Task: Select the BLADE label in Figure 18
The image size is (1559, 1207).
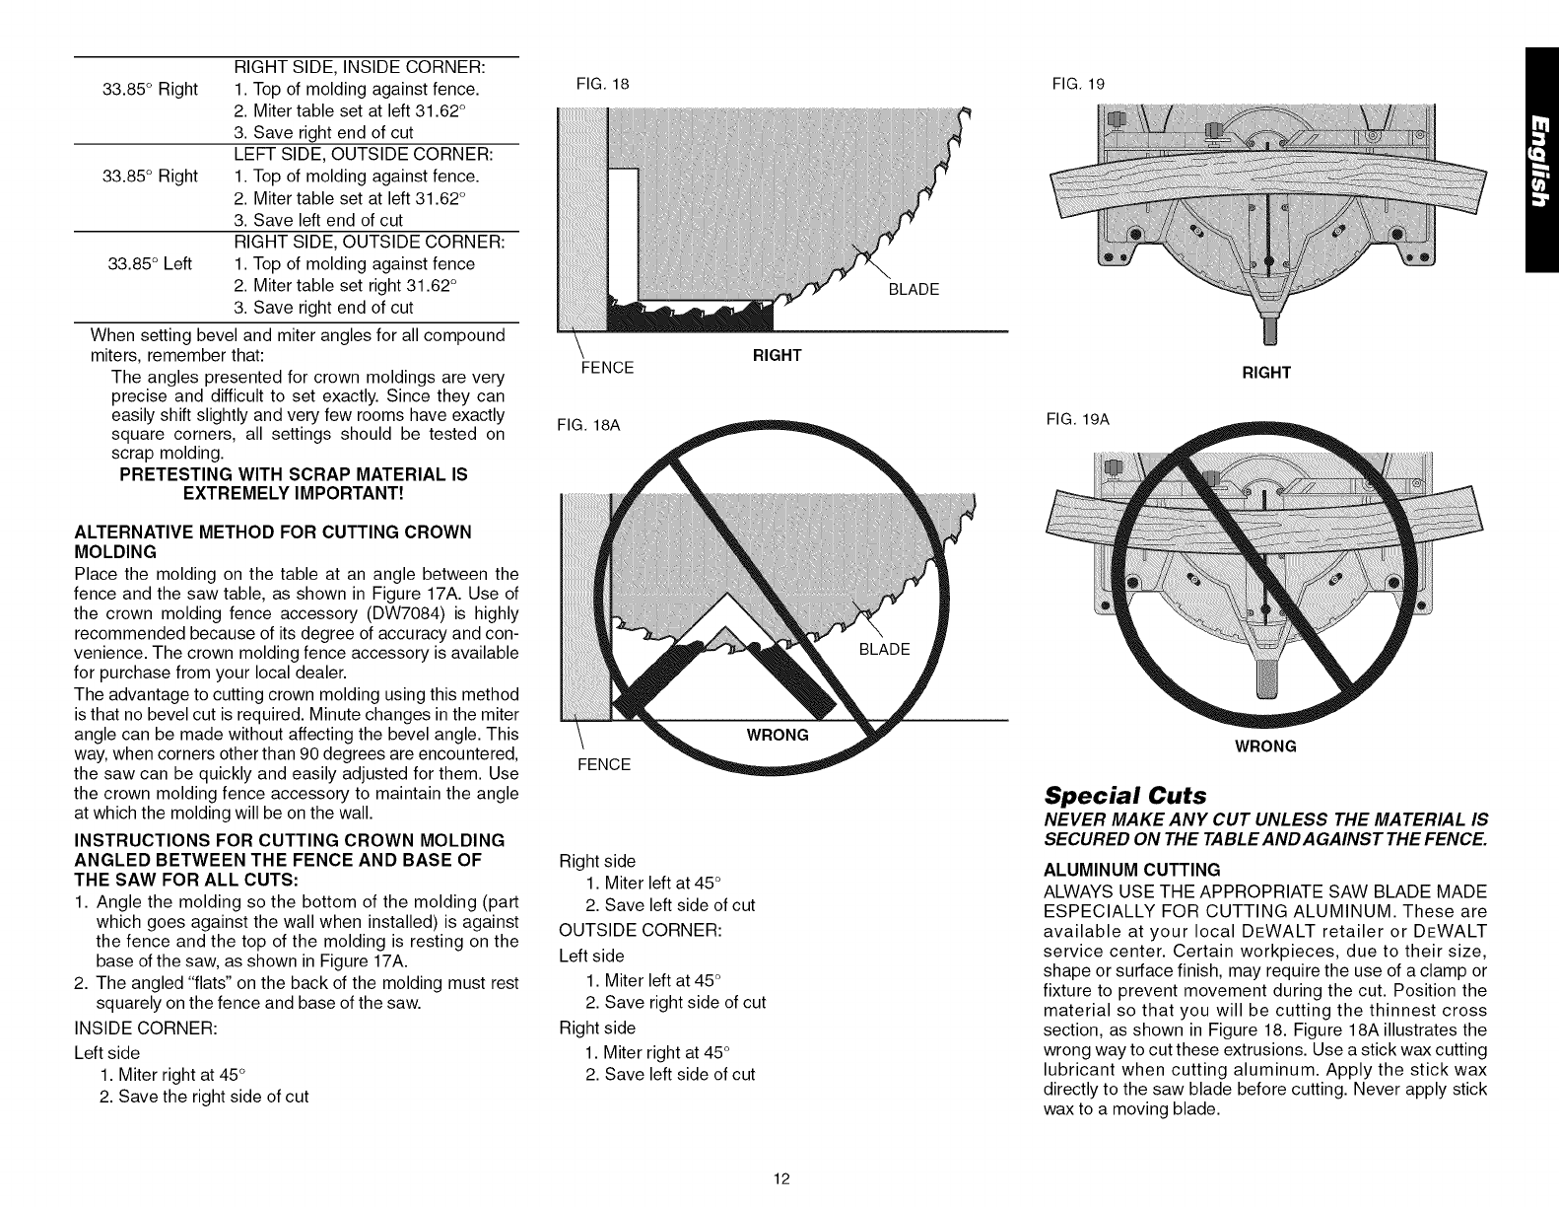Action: (914, 290)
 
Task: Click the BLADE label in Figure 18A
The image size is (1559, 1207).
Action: (885, 649)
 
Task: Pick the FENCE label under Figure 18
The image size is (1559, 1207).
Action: (605, 369)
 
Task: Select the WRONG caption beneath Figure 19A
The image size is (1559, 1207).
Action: (1265, 745)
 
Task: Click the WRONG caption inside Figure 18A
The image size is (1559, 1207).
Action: (779, 735)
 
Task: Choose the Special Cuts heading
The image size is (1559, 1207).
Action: (1115, 795)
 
